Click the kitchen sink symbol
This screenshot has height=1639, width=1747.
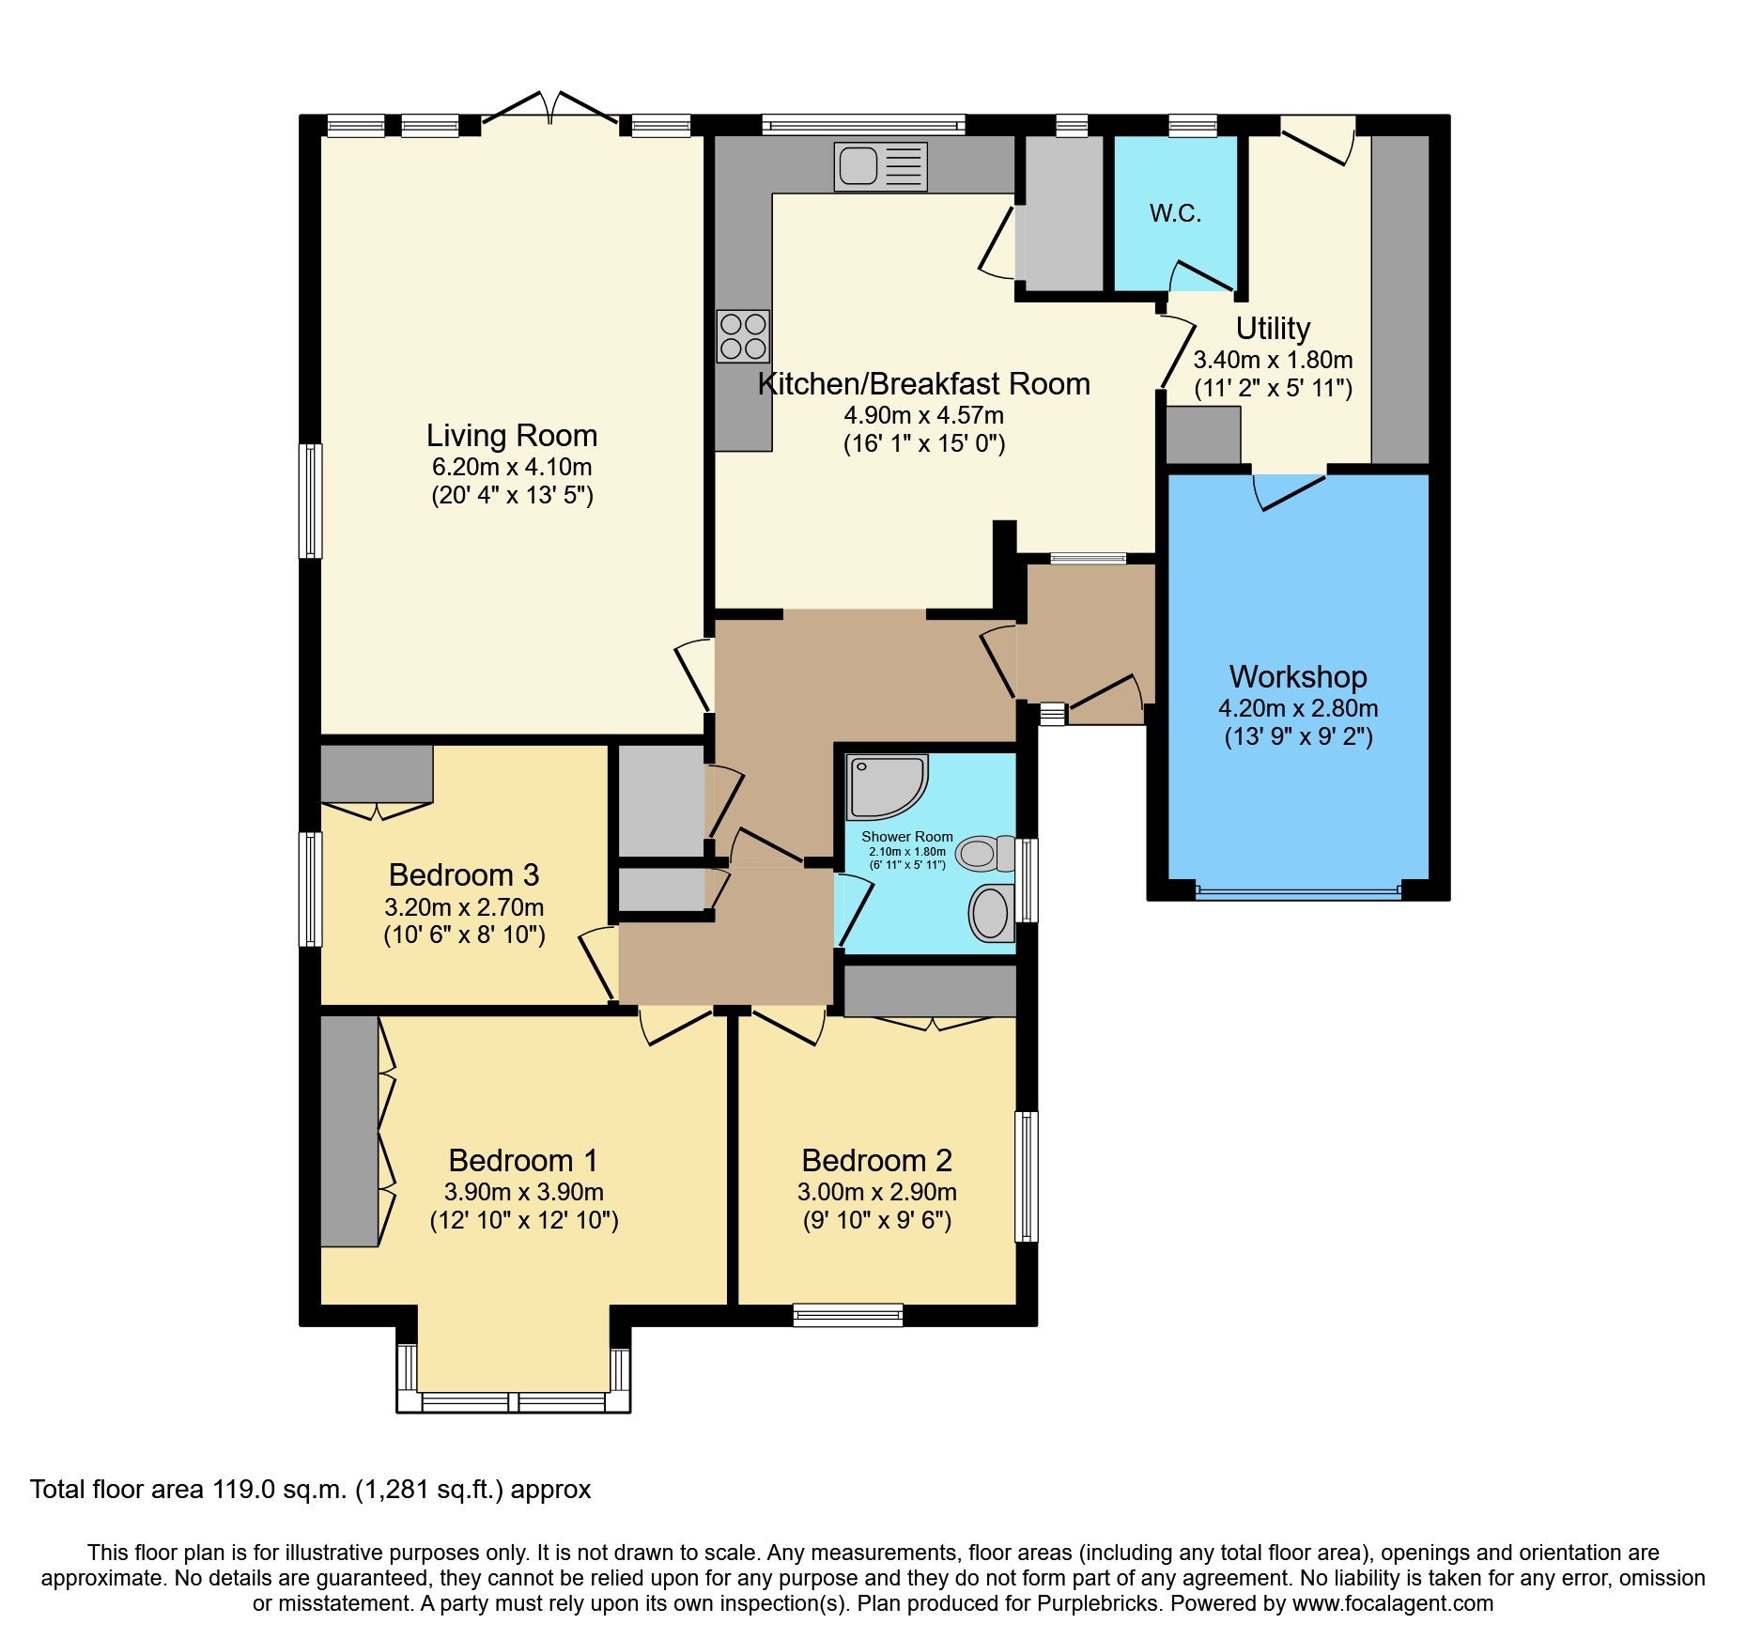click(x=880, y=167)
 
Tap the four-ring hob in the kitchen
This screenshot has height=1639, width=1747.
click(x=743, y=336)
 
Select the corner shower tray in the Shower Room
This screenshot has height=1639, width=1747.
click(x=887, y=785)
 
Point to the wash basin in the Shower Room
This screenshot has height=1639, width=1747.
click(x=991, y=912)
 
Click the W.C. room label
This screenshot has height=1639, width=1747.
click(x=1175, y=213)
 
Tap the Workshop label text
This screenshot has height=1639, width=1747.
click(x=1297, y=676)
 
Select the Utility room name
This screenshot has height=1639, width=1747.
click(x=1272, y=328)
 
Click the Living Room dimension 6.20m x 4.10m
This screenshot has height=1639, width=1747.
click(x=512, y=467)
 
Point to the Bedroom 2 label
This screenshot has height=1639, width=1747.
click(x=876, y=1160)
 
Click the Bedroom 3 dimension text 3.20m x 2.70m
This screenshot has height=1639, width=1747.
click(x=464, y=907)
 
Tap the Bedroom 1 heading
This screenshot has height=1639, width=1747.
click(x=523, y=1160)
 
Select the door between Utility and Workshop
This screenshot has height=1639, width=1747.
click(x=1290, y=488)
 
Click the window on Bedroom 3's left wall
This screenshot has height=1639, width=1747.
click(x=311, y=889)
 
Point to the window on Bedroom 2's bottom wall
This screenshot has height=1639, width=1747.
click(x=847, y=1314)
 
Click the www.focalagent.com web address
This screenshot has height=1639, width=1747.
click(x=1392, y=1603)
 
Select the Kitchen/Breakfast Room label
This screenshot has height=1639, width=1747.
click(x=923, y=383)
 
